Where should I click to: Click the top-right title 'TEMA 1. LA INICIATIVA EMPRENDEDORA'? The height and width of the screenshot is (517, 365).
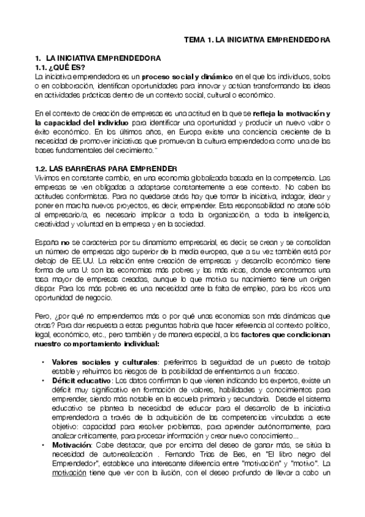point(257,40)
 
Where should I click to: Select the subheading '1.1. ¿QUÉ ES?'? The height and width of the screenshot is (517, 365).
point(61,67)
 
